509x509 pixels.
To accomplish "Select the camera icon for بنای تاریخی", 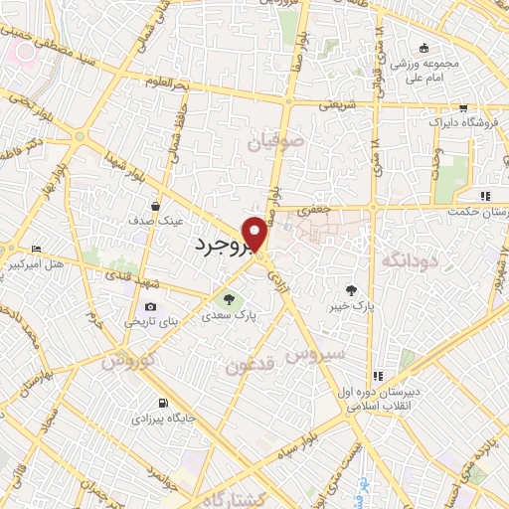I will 151,307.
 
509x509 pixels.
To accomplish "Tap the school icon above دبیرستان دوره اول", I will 378,376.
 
